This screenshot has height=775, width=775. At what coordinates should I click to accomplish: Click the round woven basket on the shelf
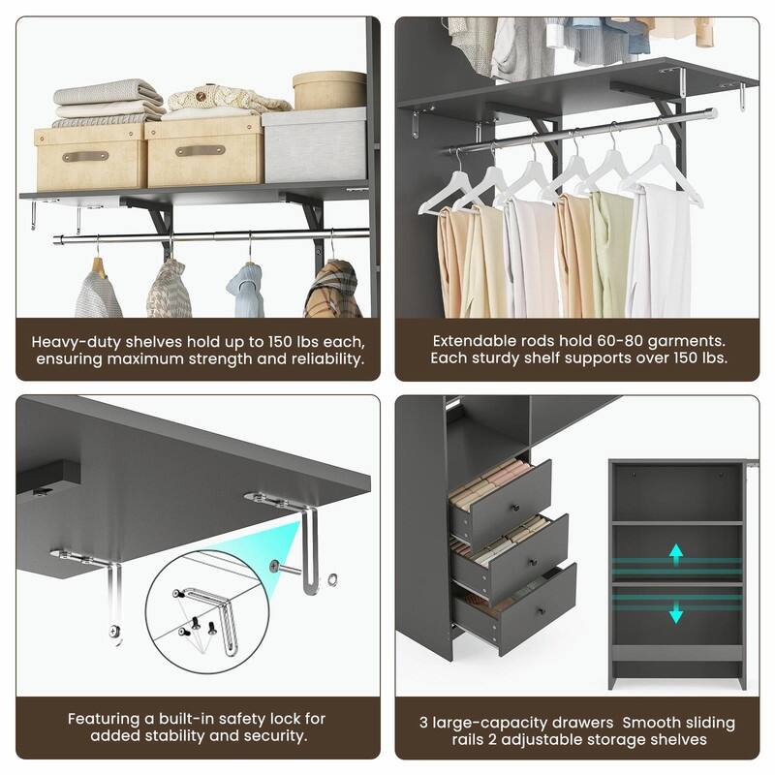(328, 90)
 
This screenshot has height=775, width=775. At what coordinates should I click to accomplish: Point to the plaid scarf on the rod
(332, 292)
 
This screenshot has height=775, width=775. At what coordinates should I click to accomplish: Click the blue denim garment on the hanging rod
(245, 291)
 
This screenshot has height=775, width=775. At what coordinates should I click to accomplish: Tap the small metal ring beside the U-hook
(334, 581)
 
